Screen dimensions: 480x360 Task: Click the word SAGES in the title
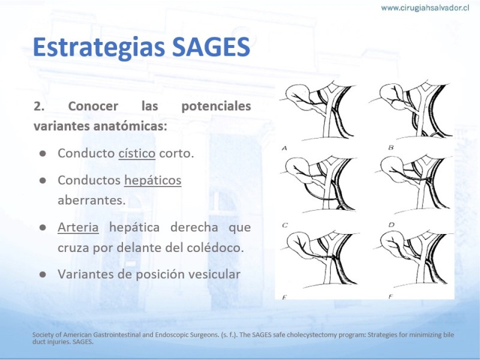point(211,47)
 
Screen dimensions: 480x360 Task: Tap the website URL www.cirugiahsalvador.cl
point(425,8)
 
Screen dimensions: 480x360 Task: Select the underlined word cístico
point(137,153)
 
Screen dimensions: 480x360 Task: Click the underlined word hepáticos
point(153,181)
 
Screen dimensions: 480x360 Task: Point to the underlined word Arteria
point(78,227)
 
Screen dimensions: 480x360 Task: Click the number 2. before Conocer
point(39,106)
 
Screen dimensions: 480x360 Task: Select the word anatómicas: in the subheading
point(130,126)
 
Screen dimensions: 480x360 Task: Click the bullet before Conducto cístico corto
point(43,154)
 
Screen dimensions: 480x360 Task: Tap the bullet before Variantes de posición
point(43,274)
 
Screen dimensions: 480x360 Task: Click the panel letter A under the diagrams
point(284,148)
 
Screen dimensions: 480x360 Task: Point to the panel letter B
point(391,148)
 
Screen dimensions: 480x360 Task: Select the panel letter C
point(284,226)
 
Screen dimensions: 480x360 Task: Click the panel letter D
point(391,225)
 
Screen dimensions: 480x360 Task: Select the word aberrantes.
point(92,200)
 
